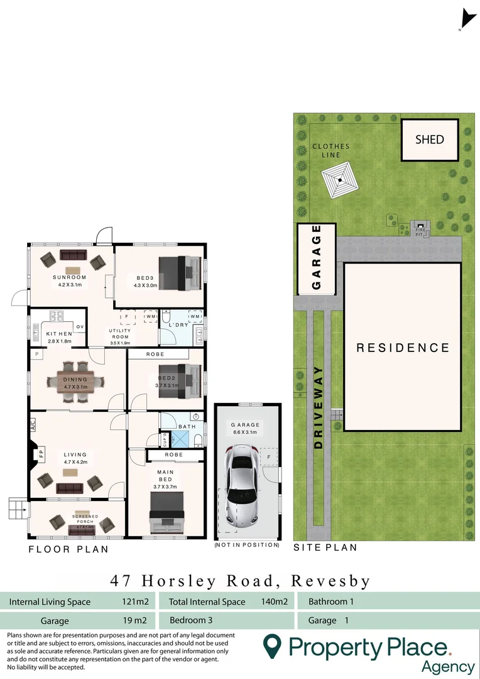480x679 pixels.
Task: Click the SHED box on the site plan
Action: (x=429, y=140)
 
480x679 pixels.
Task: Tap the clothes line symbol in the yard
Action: (x=339, y=181)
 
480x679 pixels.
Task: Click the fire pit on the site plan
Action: (x=420, y=228)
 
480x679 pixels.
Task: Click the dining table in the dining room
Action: (x=75, y=381)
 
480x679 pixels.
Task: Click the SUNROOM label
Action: (x=69, y=277)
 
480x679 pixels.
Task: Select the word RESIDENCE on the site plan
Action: (x=403, y=348)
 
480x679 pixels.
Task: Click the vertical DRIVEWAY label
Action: (x=319, y=407)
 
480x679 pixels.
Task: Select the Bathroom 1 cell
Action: (x=331, y=602)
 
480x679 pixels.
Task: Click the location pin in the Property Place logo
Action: (x=271, y=646)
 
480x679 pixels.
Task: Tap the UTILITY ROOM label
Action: (x=119, y=334)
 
